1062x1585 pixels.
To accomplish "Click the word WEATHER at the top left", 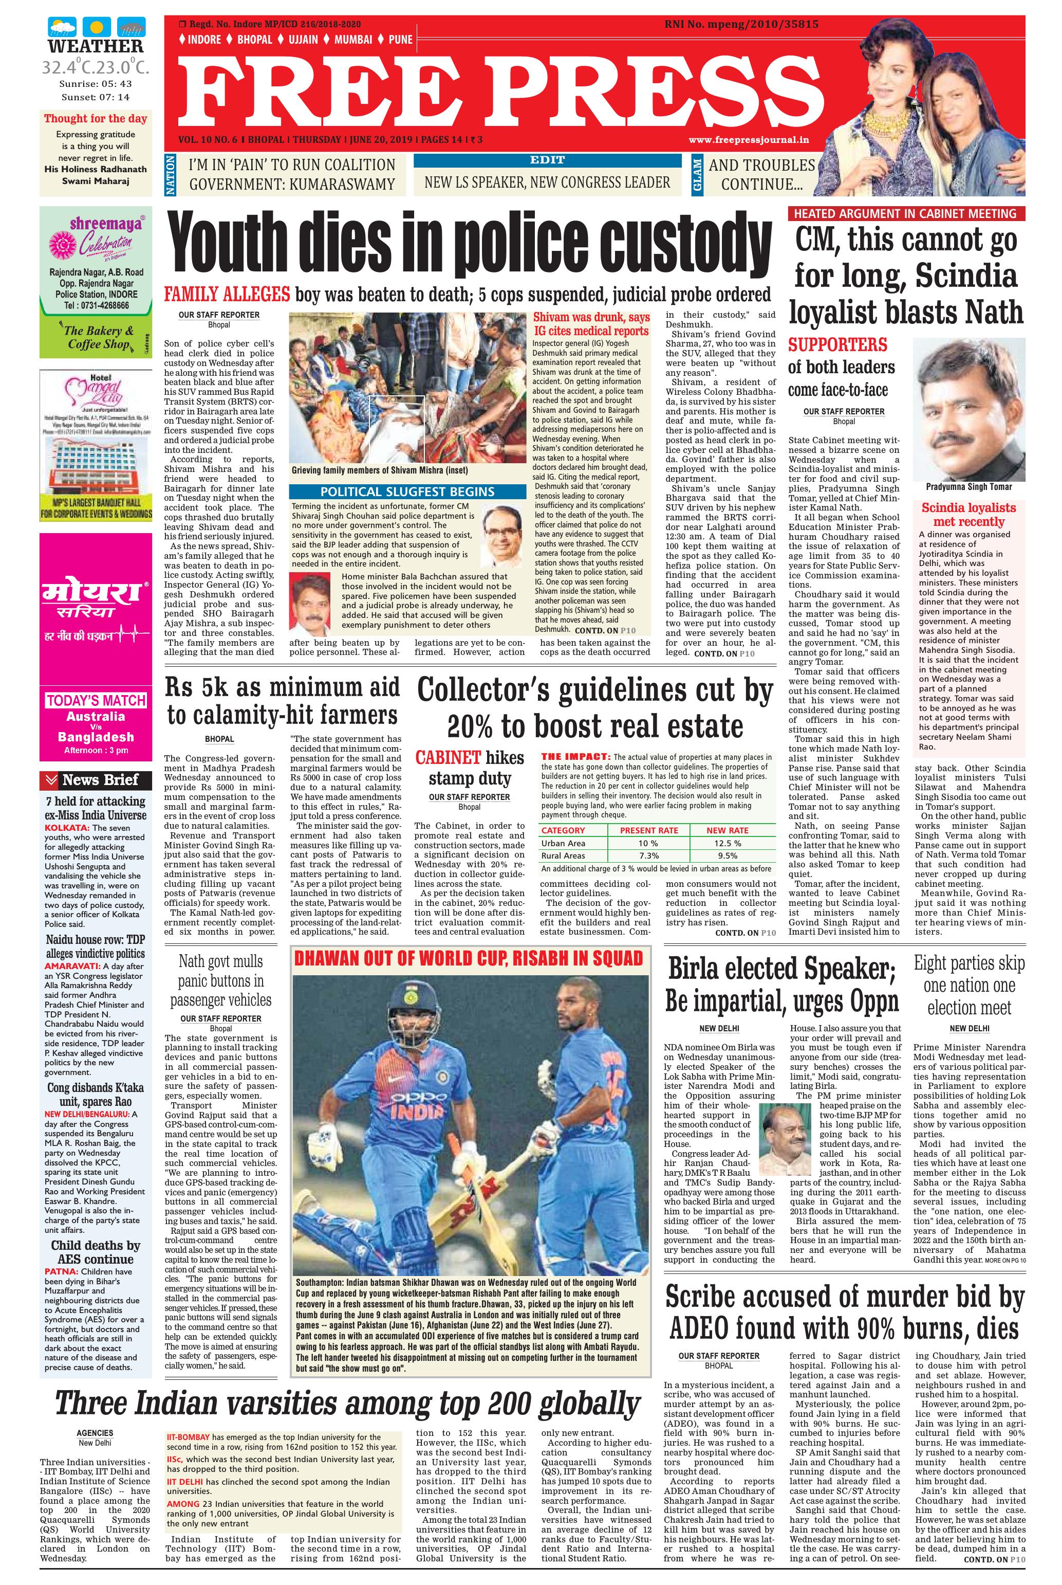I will click(x=95, y=46).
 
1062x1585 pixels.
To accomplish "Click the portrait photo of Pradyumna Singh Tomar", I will click(x=968, y=409).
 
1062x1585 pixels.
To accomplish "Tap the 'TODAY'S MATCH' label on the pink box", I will click(x=96, y=700).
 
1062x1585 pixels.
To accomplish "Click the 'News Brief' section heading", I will click(x=100, y=779).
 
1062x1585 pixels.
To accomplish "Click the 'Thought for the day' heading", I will click(x=96, y=119).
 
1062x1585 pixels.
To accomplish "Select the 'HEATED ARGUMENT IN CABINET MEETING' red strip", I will click(x=905, y=213).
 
